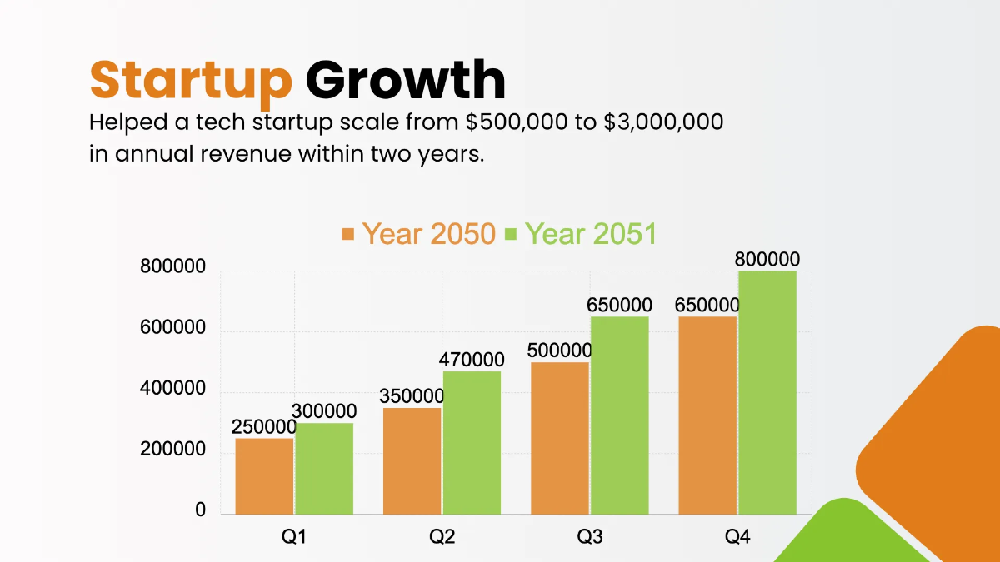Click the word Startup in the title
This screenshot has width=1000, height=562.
[x=191, y=80]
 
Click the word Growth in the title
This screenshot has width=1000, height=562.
[x=406, y=80]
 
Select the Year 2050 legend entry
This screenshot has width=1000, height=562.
[x=419, y=234]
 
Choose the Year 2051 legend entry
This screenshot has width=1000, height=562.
[x=581, y=234]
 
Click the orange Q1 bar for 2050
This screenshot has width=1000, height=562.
[x=264, y=475]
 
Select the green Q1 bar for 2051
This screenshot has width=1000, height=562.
[x=324, y=468]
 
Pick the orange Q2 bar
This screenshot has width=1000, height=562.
[x=412, y=460]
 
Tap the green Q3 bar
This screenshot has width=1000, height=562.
[x=619, y=415]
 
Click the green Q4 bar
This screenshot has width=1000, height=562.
[x=767, y=392]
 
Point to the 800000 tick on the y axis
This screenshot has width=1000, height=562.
[x=172, y=268]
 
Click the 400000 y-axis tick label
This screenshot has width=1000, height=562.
[x=172, y=390]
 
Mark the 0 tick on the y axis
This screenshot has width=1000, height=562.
[x=200, y=510]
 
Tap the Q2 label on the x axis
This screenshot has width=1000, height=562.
[x=442, y=537]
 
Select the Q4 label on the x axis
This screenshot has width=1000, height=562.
[x=737, y=537]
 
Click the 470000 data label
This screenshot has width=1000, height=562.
[x=472, y=360]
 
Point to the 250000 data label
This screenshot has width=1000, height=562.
[x=264, y=427]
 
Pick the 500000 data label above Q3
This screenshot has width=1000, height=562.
[x=559, y=351]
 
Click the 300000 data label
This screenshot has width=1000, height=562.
[x=324, y=411]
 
